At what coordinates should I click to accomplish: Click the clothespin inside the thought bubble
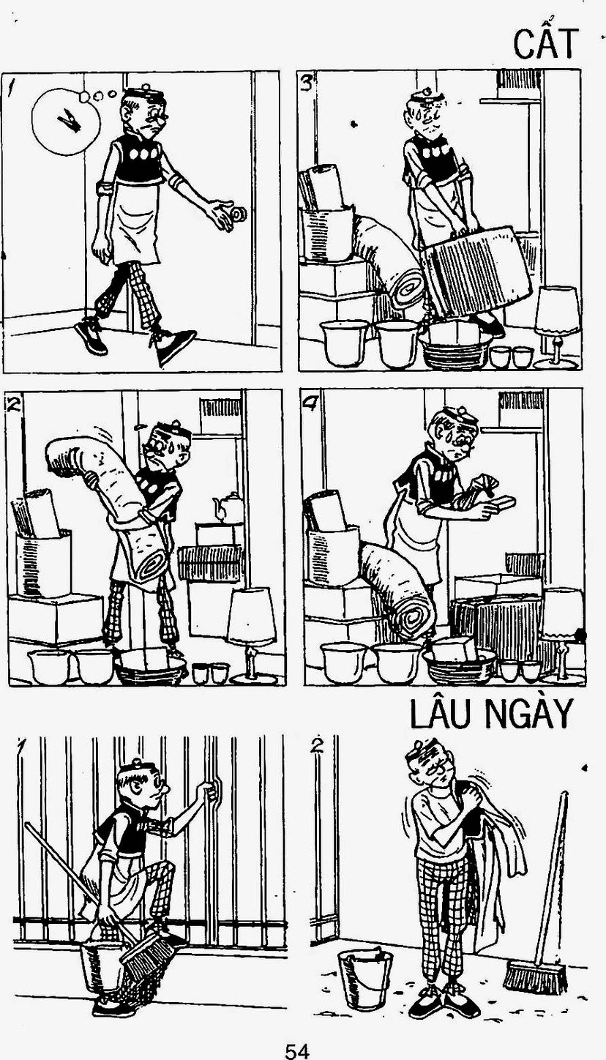tap(69, 121)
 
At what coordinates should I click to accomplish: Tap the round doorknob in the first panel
tap(239, 214)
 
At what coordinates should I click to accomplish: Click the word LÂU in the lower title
tap(443, 713)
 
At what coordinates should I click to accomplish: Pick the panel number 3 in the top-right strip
tap(307, 83)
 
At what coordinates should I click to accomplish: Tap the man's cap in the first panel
tap(145, 93)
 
